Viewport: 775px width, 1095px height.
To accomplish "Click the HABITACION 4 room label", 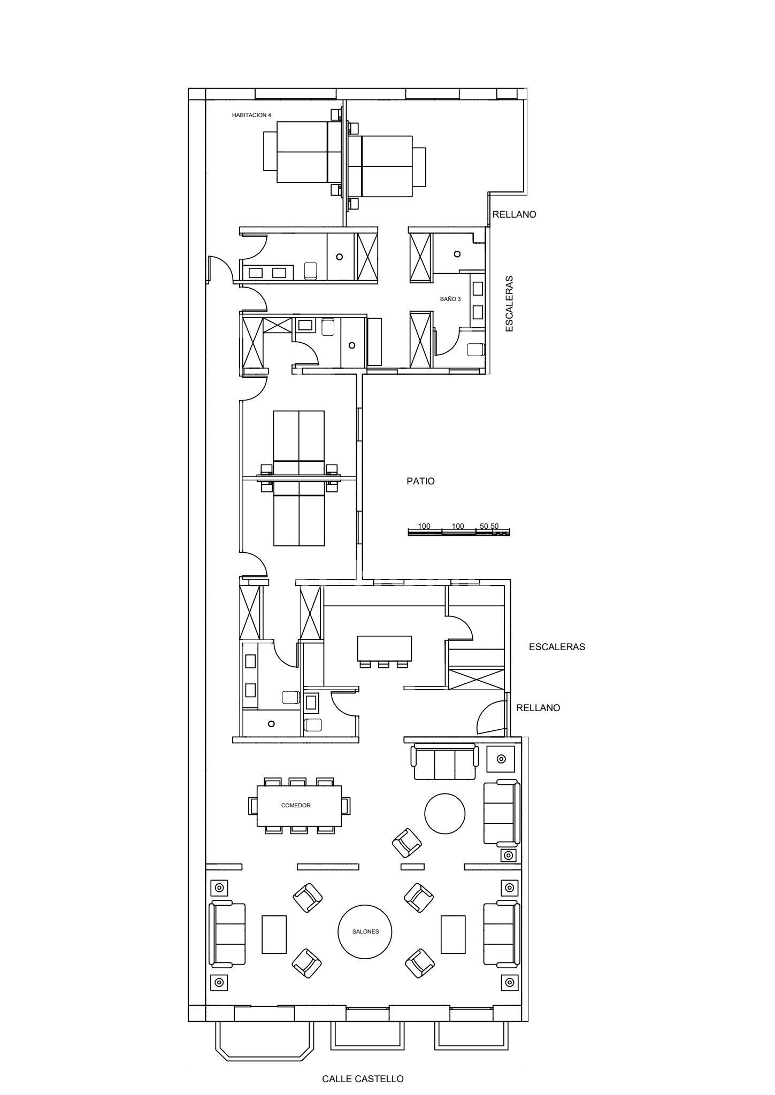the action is pyautogui.click(x=248, y=115).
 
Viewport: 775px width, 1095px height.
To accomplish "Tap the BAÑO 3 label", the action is pyautogui.click(x=450, y=299).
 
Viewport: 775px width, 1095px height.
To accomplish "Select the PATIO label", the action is pyautogui.click(x=421, y=481).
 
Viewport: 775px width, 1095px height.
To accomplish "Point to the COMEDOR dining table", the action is pyautogui.click(x=299, y=805).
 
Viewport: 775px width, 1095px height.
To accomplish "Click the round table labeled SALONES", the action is pyautogui.click(x=365, y=931).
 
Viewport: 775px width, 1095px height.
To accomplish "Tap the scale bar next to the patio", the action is pyautogui.click(x=459, y=531).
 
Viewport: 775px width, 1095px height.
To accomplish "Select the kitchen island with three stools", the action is pyautogui.click(x=384, y=649).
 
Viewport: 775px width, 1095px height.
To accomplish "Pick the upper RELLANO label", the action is pyautogui.click(x=514, y=214).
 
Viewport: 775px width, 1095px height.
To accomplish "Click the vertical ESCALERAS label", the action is pyautogui.click(x=509, y=304).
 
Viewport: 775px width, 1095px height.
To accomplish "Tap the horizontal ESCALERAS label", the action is pyautogui.click(x=557, y=647).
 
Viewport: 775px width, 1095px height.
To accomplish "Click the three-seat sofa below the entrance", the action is pyautogui.click(x=444, y=761).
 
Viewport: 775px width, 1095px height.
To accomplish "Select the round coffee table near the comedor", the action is pyautogui.click(x=445, y=813).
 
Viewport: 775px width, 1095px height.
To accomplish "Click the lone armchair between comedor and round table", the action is pyautogui.click(x=407, y=843).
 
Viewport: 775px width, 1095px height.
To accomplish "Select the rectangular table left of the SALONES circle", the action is pyautogui.click(x=274, y=934).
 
